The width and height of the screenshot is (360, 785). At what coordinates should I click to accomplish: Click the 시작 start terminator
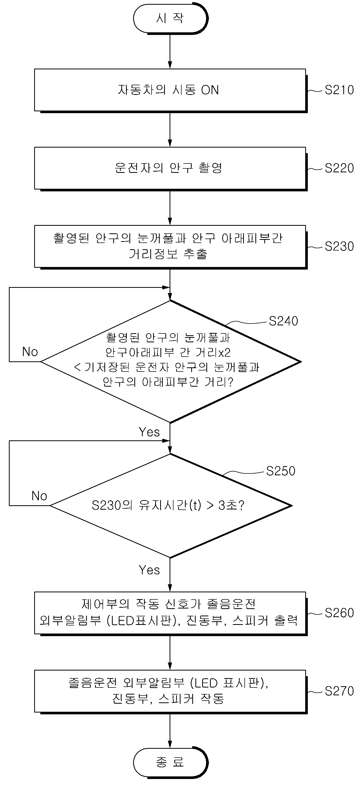click(x=170, y=18)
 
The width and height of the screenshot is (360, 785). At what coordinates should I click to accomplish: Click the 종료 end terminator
click(x=170, y=762)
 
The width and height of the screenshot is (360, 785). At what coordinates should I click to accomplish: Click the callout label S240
click(x=283, y=321)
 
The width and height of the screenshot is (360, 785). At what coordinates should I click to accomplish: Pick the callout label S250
click(x=281, y=471)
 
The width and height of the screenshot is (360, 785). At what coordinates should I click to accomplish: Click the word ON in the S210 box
click(x=210, y=90)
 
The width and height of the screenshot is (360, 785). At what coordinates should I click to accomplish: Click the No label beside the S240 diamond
click(x=30, y=352)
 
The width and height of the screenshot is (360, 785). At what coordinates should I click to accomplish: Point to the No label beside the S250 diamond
click(x=39, y=496)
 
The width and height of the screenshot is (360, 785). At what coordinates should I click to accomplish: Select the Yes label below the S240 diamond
click(x=149, y=432)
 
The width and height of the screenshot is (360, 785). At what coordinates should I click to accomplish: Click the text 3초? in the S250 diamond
click(x=231, y=506)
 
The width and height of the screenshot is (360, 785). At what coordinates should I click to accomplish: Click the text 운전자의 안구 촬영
click(x=169, y=168)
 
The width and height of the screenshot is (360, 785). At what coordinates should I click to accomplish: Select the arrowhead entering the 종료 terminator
click(x=170, y=744)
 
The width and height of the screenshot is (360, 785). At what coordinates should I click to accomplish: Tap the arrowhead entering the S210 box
click(x=170, y=65)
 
